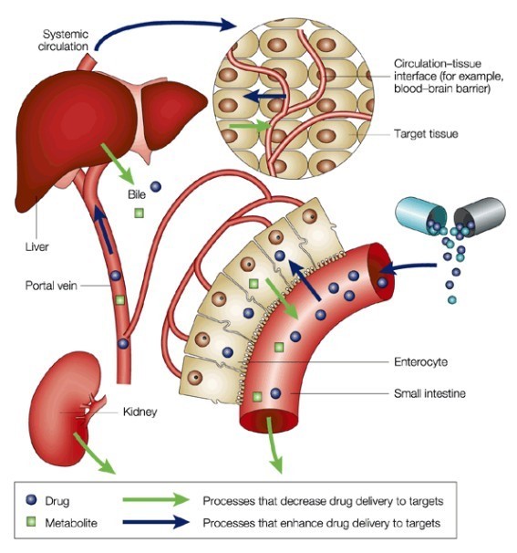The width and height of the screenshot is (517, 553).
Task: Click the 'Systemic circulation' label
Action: tap(63, 40)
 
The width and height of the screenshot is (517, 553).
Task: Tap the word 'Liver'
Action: tap(37, 246)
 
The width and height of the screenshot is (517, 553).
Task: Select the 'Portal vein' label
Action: tap(51, 285)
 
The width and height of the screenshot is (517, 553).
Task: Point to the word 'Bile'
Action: tap(137, 194)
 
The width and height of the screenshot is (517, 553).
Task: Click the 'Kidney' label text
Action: tap(140, 412)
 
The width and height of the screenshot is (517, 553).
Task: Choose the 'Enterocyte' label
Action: tap(420, 362)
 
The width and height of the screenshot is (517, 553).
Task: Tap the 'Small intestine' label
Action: tap(429, 393)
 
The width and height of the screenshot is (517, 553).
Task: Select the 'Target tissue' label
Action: tap(426, 133)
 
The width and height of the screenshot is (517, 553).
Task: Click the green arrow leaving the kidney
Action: tap(94, 454)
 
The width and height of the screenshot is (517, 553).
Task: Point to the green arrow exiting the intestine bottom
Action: tap(274, 445)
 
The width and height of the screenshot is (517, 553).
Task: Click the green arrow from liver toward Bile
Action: tap(117, 163)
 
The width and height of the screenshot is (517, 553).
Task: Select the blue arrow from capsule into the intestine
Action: tap(408, 268)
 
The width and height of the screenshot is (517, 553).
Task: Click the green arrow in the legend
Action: tap(156, 500)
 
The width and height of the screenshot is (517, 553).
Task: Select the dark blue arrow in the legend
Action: tap(156, 522)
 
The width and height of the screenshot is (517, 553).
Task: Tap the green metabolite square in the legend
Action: tap(31, 522)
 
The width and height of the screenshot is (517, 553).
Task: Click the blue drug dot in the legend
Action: tap(31, 499)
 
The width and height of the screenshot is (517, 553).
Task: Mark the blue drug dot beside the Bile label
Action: tap(156, 186)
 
